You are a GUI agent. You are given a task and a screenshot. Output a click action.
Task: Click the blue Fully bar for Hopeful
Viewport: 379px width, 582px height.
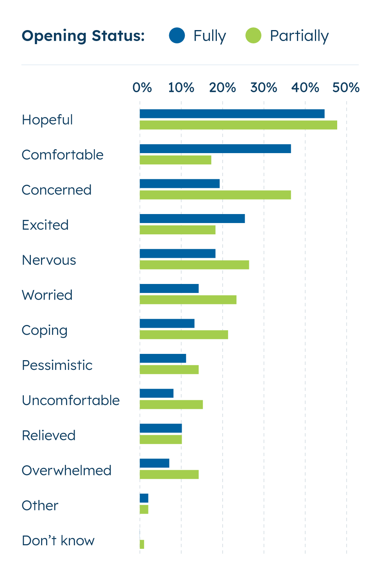coord(232,114)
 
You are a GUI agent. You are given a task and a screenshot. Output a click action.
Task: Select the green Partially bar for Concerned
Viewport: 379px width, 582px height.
coord(215,195)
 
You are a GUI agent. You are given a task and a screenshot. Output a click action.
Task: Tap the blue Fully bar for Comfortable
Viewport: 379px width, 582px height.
coord(215,149)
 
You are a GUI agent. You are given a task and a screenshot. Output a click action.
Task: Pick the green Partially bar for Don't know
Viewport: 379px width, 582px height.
coord(142,544)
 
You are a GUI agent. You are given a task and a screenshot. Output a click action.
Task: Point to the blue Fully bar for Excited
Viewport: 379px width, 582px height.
coord(192,219)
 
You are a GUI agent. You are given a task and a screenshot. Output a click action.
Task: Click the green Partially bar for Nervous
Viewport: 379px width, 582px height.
coord(194,265)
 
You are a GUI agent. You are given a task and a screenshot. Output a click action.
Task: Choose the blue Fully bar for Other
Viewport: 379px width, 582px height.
coord(144,498)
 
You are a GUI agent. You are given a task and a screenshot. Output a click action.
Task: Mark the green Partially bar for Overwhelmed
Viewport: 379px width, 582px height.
coord(169,475)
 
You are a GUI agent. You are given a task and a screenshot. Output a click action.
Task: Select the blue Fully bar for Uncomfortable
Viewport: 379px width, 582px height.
coord(157,393)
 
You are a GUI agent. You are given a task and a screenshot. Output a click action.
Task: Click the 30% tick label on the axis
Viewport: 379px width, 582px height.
coord(264,87)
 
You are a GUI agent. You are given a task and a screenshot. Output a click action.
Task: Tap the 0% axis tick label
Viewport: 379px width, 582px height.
coord(142,87)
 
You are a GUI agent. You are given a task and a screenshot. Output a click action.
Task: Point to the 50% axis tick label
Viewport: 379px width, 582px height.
coord(346,87)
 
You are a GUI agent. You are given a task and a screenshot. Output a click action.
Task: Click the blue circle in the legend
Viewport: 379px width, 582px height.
coord(177,36)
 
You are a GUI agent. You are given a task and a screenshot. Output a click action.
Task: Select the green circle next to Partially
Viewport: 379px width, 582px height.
coord(253,36)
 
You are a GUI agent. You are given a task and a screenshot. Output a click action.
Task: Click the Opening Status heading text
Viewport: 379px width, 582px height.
coord(83,36)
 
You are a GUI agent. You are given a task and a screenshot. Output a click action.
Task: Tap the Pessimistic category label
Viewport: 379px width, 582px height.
coord(57,365)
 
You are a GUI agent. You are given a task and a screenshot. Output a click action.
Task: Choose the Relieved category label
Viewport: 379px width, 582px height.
coord(48,435)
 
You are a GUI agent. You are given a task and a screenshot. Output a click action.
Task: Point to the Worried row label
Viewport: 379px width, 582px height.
coord(47,295)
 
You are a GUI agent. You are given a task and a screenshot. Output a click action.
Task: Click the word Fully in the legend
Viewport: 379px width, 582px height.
coord(210,36)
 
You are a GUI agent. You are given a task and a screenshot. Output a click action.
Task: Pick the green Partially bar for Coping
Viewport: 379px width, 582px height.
coord(184,335)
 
